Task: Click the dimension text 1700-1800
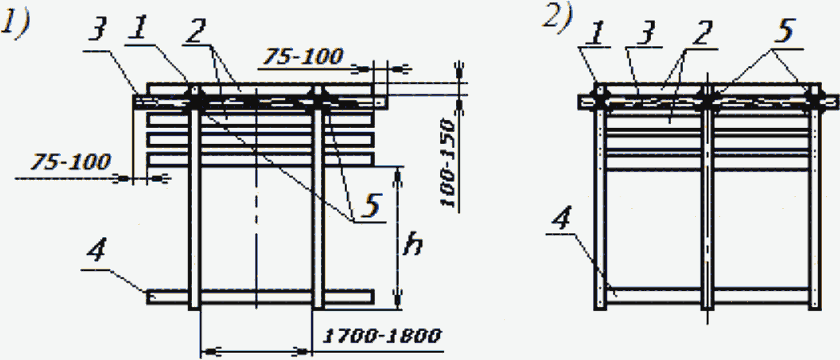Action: [x=382, y=336]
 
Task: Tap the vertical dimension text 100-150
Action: [x=448, y=163]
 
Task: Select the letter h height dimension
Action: [x=412, y=244]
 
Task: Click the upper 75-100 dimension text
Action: [x=303, y=56]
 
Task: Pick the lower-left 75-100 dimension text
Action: [x=70, y=161]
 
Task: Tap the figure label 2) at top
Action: [x=558, y=19]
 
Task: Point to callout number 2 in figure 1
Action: [x=196, y=30]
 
